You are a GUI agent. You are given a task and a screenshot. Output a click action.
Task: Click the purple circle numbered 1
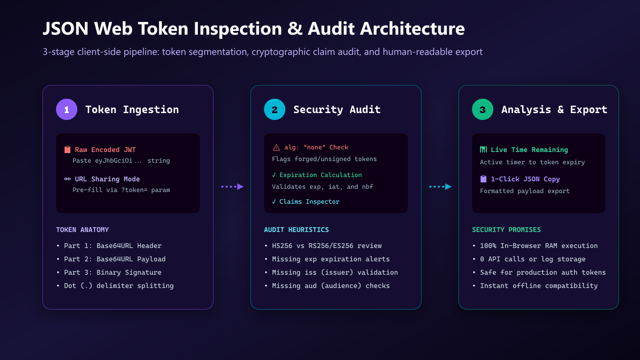point(67,109)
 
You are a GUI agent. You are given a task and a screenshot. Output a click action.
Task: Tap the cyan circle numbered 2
point(275,109)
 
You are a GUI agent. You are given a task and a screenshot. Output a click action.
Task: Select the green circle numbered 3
point(483,109)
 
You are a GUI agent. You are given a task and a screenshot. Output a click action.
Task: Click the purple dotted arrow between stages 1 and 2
point(233,187)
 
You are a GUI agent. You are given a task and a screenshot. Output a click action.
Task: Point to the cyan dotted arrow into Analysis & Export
point(441,187)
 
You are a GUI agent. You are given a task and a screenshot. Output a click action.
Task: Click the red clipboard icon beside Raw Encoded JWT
point(67,149)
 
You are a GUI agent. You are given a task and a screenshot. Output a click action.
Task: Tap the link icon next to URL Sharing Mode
point(67,179)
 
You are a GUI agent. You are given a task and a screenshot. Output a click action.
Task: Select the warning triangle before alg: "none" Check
point(276,147)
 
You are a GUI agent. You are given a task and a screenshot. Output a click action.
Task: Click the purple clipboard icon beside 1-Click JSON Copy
point(483,179)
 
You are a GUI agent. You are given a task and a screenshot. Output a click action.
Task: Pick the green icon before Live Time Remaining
point(483,149)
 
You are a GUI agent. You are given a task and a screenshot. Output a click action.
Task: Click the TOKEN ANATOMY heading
point(82,230)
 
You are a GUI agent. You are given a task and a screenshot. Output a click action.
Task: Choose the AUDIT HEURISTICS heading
point(297,230)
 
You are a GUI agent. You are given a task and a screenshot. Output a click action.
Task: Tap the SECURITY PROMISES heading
point(506,230)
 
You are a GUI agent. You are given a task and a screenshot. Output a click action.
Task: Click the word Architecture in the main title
point(412,29)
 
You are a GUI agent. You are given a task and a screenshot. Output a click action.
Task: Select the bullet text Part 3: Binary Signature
point(113,273)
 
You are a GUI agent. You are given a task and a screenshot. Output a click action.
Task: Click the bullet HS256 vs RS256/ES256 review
point(327,246)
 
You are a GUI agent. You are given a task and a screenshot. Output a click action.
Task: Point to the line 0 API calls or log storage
point(533,259)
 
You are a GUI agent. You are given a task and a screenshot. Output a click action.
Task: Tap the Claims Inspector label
point(309,202)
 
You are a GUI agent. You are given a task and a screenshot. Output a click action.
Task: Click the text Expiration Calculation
point(321,175)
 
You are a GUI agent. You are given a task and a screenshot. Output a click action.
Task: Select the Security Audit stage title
point(337,110)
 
